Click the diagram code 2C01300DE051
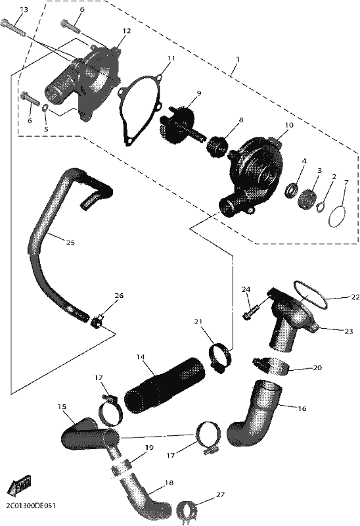point(30,505)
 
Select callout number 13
point(24,10)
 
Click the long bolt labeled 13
point(13,28)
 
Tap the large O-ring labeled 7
point(339,216)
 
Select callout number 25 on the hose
point(70,243)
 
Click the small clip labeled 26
point(96,323)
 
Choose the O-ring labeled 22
point(310,295)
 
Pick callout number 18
point(169,483)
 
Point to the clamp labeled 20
point(271,366)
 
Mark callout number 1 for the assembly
point(238,59)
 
